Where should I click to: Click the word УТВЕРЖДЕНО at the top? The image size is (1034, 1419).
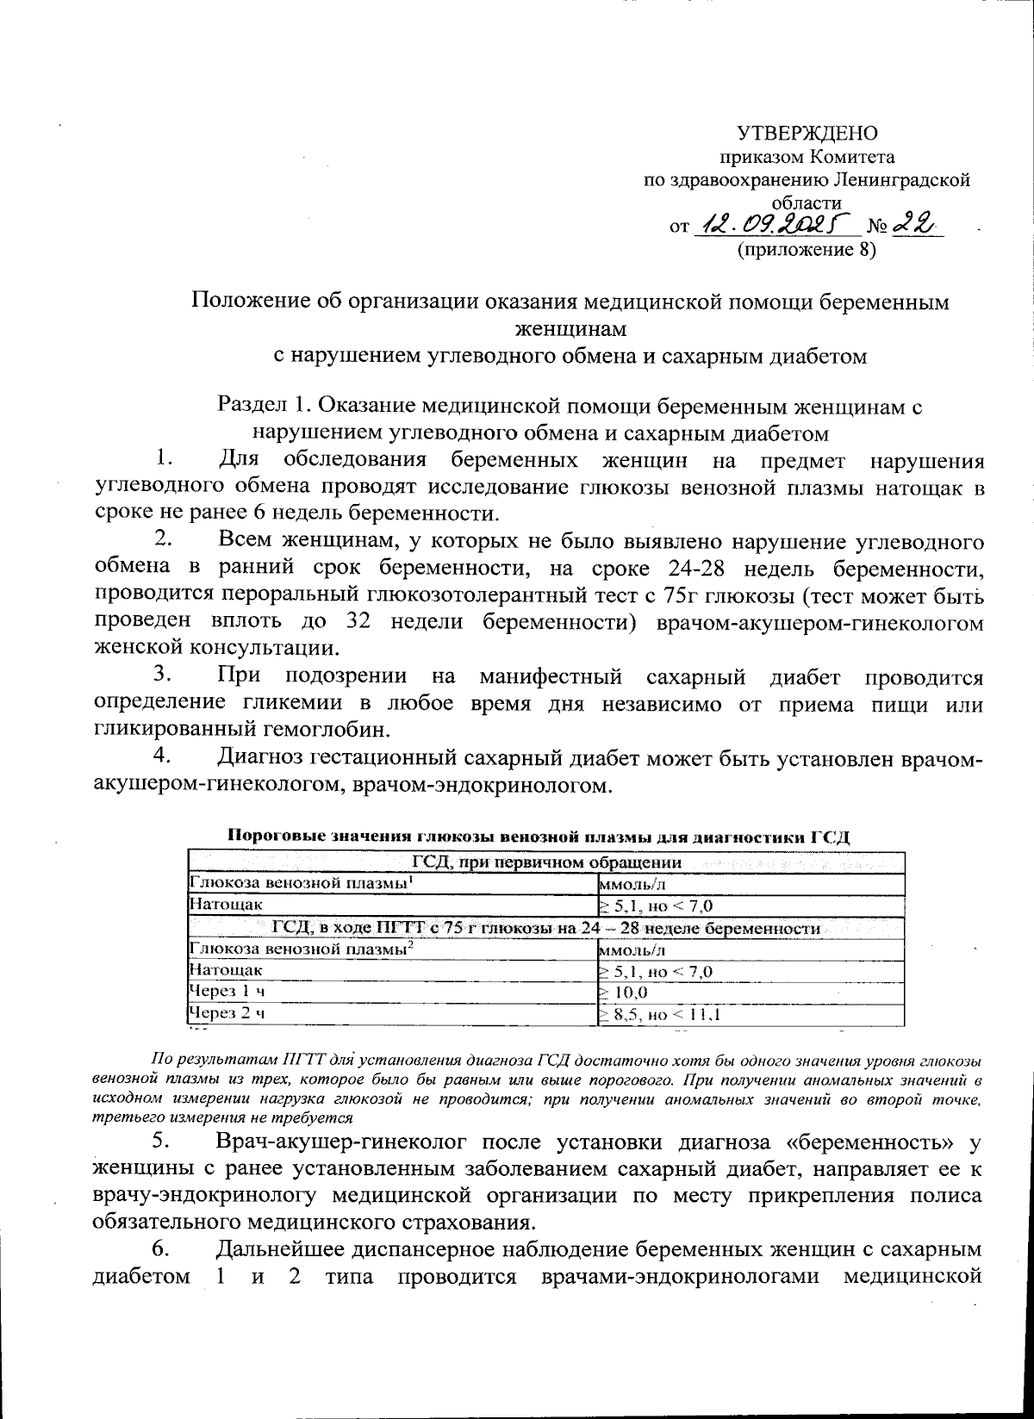[807, 134]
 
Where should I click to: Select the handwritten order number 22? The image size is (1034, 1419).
[914, 225]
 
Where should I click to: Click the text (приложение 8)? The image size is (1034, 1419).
[806, 251]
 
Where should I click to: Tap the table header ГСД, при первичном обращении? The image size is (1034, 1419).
[546, 862]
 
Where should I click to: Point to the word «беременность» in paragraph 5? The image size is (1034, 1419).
[872, 1143]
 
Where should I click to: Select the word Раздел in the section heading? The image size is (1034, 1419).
[250, 405]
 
